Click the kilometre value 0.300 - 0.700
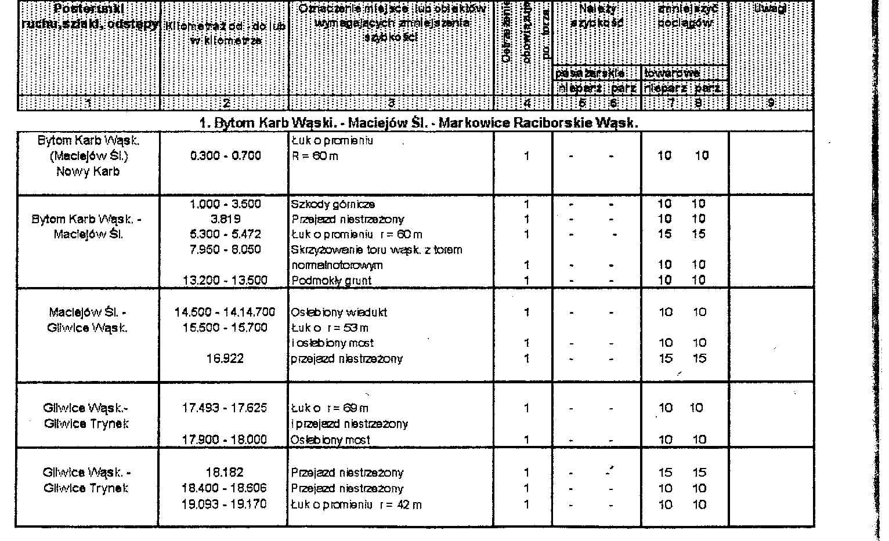coord(225,156)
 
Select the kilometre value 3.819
coord(225,219)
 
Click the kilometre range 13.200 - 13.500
coord(225,281)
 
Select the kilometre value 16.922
coord(225,359)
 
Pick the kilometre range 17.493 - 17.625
coord(225,408)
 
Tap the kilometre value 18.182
coord(225,473)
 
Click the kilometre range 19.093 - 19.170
coord(225,504)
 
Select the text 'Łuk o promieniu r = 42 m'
coord(356,504)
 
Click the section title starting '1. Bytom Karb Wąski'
coord(418,123)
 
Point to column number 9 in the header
coord(771,103)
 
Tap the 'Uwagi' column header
coord(771,9)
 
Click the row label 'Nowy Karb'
coord(88,172)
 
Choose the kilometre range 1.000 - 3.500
coord(225,204)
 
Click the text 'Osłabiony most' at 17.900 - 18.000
coord(330,440)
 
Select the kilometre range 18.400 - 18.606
coord(225,488)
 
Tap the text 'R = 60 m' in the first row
coord(315,156)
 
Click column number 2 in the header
coord(225,103)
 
